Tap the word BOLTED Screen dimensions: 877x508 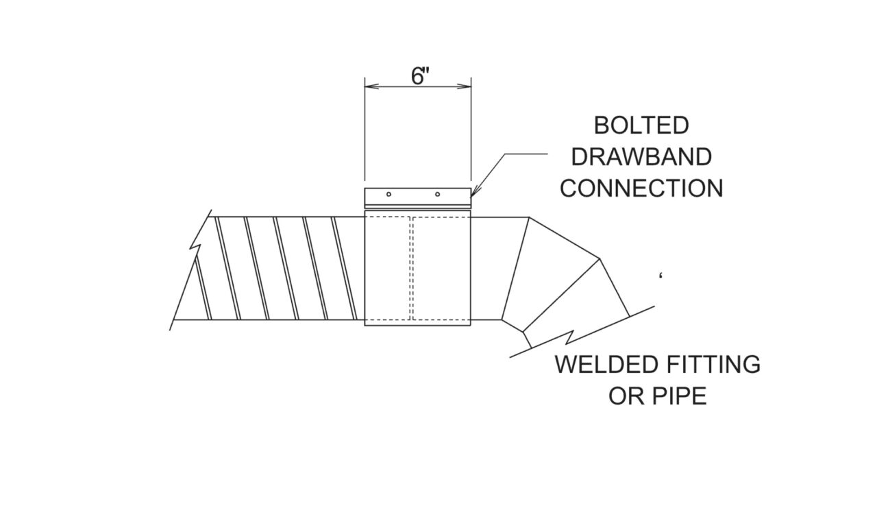641,125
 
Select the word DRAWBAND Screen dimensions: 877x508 641,157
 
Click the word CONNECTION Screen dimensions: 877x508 641,188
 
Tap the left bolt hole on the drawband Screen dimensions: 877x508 388,194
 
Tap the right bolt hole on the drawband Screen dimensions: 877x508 437,194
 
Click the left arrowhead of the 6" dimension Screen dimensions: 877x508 371,86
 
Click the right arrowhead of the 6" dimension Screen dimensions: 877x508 465,86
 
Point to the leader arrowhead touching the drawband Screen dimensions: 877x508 473,192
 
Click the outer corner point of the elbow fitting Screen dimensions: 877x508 599,258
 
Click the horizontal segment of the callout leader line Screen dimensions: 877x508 526,154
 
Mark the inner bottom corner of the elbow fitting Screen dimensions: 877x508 523,332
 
